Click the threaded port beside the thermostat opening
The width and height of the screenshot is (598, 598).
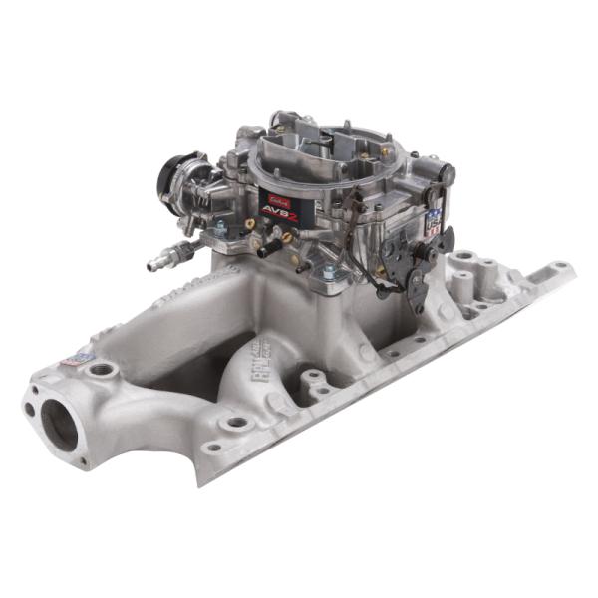click(103, 370)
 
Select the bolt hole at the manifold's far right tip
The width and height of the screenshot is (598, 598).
click(560, 268)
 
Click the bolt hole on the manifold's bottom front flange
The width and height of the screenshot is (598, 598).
click(236, 423)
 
